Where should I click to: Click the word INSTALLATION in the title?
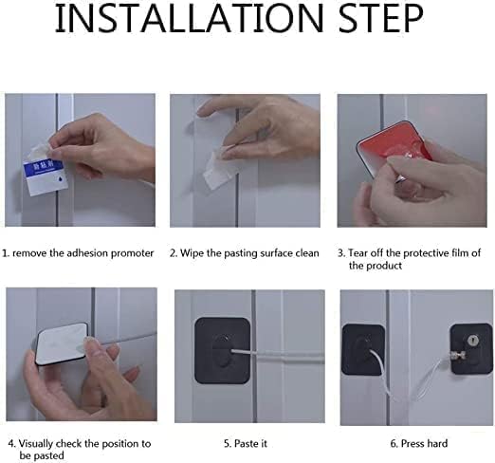[x=189, y=18]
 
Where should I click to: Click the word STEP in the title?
[x=381, y=18]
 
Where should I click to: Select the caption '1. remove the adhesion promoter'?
[x=78, y=253]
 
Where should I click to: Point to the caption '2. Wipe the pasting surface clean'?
[x=245, y=253]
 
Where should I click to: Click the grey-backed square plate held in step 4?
[x=63, y=343]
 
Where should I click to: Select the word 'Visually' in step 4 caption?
[x=36, y=443]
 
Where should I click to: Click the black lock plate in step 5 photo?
[x=223, y=350]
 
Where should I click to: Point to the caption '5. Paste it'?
[x=246, y=443]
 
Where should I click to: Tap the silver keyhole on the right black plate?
[x=472, y=341]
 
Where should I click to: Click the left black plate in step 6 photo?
[x=363, y=349]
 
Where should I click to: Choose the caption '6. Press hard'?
[x=419, y=443]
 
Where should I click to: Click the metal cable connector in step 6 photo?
[x=457, y=356]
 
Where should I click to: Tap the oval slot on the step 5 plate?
[x=224, y=350]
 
